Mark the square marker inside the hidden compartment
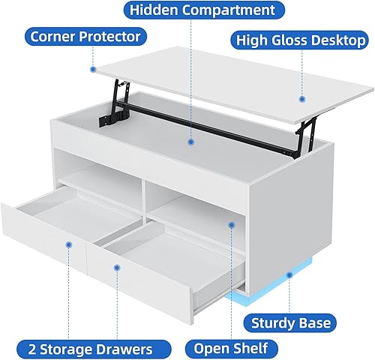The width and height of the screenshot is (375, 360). [192, 140]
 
